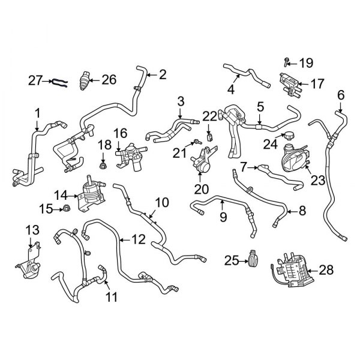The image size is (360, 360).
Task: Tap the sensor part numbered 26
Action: coord(86,80)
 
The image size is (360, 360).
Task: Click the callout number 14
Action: coord(61,195)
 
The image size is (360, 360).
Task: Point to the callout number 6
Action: coord(340,94)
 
